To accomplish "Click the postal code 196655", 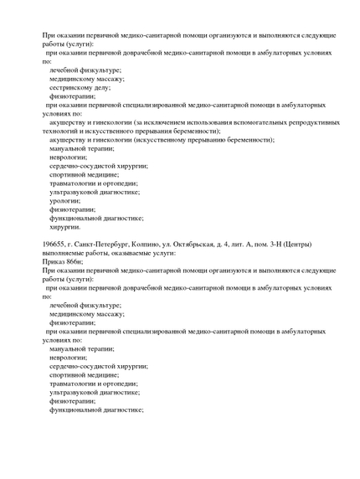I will coord(54,244).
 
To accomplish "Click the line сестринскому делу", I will coord(87,87).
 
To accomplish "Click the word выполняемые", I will coord(65,253).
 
